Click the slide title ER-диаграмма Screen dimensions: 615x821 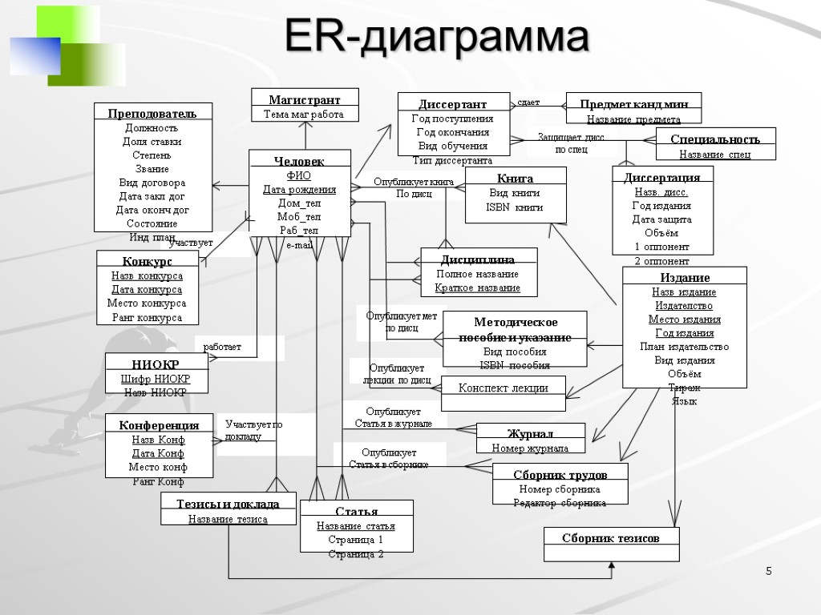click(x=437, y=38)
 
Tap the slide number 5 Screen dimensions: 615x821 click(x=768, y=571)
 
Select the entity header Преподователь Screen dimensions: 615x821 click(x=152, y=113)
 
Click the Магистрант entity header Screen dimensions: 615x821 click(x=305, y=100)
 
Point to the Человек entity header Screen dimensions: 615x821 click(x=299, y=162)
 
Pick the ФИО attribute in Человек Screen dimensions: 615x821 click(x=299, y=175)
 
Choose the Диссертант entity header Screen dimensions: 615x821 click(x=453, y=104)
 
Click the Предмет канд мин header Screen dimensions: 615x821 click(x=633, y=104)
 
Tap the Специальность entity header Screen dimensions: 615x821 click(x=715, y=139)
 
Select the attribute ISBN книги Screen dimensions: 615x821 click(x=515, y=207)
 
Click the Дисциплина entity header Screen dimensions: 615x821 click(x=478, y=259)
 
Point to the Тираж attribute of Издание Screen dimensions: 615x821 click(x=684, y=388)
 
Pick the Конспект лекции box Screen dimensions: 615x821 click(x=504, y=388)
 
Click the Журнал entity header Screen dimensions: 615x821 click(x=530, y=434)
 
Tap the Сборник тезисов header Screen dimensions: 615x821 click(x=611, y=538)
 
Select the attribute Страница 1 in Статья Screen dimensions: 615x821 click(x=356, y=540)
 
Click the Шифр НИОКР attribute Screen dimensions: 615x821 click(x=156, y=379)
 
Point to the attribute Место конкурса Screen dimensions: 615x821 click(x=147, y=303)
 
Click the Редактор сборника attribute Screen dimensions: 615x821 click(x=560, y=503)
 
